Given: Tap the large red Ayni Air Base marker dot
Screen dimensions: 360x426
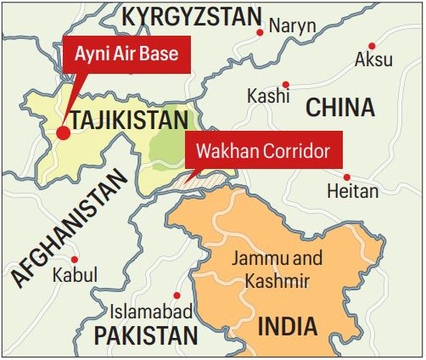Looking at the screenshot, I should point(63,132).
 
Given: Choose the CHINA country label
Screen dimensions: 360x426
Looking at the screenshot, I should point(339,107).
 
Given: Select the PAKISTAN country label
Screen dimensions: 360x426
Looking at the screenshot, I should point(145,336).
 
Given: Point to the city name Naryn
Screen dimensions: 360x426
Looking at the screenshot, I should point(292,26).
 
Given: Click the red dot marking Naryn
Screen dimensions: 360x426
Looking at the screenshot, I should point(260,32).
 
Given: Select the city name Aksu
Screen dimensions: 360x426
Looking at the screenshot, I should point(374,60).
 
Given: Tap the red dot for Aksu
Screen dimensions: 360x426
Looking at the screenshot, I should point(372,44).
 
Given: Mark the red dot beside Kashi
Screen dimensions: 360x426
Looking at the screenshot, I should point(287,84).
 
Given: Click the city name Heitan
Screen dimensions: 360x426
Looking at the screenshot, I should point(352,191).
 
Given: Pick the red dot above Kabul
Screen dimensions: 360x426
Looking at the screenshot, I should point(75,259).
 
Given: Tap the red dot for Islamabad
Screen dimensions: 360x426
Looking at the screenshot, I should point(177,295).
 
